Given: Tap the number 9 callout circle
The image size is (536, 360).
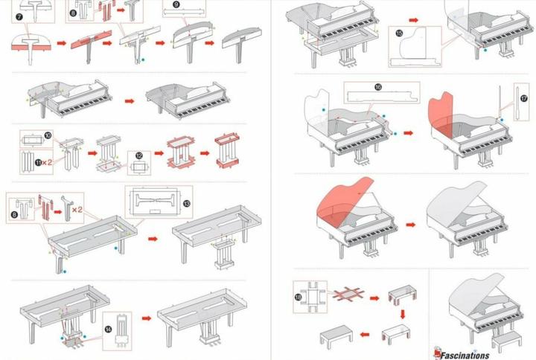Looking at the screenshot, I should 176,4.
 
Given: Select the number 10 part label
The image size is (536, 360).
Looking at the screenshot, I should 48,135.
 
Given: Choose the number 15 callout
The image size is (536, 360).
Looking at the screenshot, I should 400,33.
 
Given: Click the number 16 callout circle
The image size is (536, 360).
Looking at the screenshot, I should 378,87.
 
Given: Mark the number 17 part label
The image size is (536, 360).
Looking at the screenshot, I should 523,97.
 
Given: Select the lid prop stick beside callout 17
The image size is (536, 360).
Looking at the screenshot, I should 513,100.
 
